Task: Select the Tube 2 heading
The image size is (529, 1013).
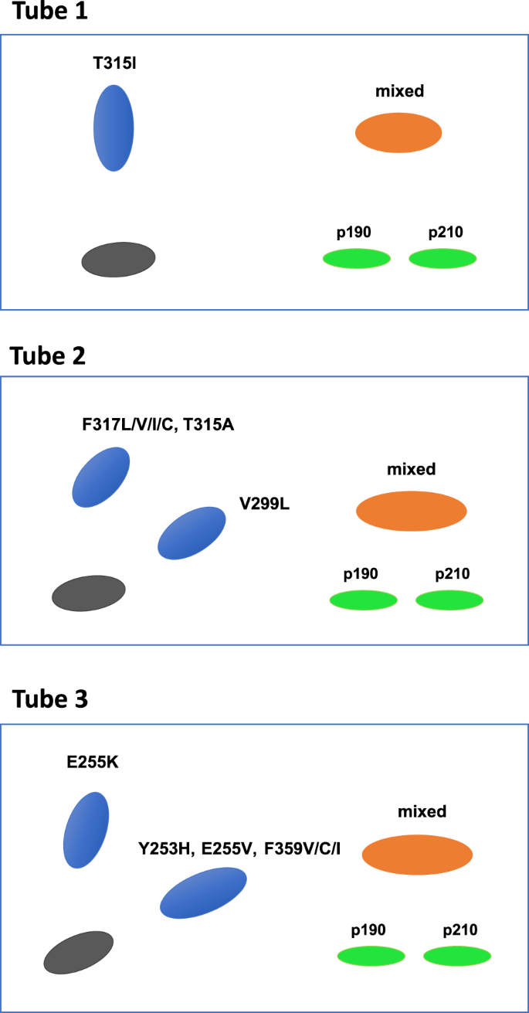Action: click(48, 356)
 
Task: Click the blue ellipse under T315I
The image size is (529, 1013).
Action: click(114, 127)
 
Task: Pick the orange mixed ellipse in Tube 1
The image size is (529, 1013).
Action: click(398, 133)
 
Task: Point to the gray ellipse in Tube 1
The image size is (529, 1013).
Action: click(118, 259)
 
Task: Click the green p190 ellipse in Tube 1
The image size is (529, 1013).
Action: click(356, 259)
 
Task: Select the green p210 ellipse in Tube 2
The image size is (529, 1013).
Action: click(449, 600)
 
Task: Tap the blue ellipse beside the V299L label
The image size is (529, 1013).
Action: click(192, 533)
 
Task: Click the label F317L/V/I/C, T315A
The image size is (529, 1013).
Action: click(158, 423)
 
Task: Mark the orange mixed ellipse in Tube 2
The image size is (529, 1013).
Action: click(412, 511)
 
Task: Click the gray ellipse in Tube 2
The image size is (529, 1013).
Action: click(88, 593)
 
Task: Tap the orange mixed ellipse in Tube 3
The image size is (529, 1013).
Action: click(417, 855)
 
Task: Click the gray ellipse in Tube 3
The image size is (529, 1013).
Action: click(78, 952)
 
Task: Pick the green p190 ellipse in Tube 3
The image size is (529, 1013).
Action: click(371, 956)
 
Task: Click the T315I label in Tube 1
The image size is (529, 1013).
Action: click(114, 63)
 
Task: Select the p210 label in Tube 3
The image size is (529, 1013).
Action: click(460, 930)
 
